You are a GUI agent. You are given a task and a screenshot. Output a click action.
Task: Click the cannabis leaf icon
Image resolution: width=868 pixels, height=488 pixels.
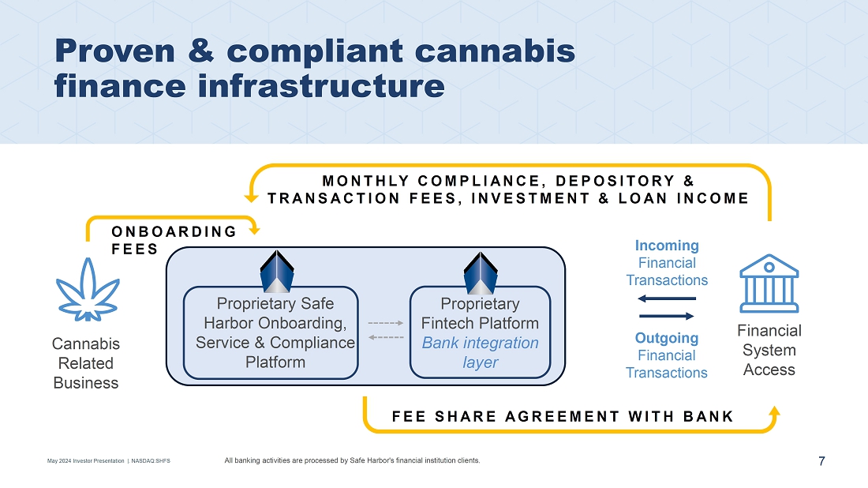click(x=88, y=290)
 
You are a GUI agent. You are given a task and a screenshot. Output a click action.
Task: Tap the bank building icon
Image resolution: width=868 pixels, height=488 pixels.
click(x=769, y=283)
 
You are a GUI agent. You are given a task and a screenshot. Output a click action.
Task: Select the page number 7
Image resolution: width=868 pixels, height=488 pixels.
click(x=821, y=461)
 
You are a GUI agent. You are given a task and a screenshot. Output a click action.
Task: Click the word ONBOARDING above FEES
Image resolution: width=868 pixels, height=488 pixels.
click(x=174, y=231)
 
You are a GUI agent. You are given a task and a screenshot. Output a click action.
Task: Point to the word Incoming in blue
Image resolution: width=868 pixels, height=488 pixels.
click(x=667, y=246)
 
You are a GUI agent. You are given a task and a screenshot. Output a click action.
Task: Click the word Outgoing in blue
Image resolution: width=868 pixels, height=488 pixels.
click(x=667, y=338)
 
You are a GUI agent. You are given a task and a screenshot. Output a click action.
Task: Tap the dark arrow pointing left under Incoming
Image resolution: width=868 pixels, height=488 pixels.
click(x=667, y=298)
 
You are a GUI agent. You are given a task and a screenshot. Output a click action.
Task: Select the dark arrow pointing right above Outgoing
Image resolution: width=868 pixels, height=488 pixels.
click(x=667, y=317)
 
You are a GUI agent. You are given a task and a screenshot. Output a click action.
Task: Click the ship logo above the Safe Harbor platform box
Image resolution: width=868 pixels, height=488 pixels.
click(x=277, y=272)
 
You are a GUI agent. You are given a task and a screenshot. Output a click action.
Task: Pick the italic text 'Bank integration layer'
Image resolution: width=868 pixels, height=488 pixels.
click(x=480, y=352)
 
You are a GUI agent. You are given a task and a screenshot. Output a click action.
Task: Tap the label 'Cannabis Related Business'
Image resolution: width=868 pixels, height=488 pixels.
click(x=86, y=363)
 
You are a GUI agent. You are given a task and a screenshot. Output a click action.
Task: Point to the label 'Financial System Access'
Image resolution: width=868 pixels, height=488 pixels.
click(x=769, y=350)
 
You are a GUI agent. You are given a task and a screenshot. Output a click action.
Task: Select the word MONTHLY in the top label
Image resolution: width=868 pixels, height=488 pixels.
click(x=365, y=181)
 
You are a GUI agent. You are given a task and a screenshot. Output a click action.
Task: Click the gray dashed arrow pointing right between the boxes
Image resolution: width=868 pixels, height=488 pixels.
click(x=386, y=323)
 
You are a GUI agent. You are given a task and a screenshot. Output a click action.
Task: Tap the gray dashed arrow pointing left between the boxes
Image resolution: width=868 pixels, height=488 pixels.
click(x=386, y=337)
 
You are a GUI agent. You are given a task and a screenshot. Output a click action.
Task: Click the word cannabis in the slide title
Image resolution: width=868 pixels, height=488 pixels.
click(x=495, y=51)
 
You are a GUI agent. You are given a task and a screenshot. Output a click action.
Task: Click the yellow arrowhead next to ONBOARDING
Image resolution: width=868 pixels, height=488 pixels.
click(x=255, y=229)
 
